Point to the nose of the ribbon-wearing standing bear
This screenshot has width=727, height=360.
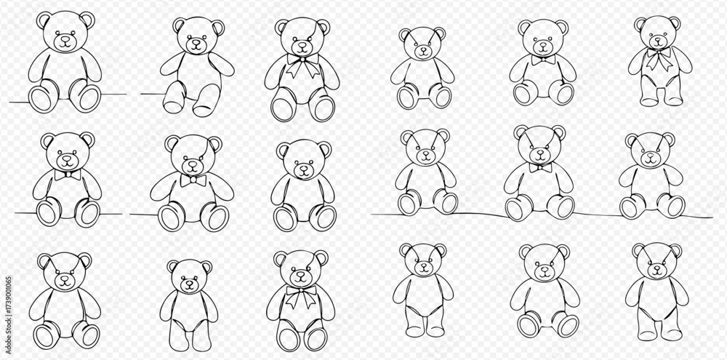point(659,40)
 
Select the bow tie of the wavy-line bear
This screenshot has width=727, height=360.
point(541,167)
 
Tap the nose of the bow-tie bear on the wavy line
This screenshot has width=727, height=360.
point(540,152)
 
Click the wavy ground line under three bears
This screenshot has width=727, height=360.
point(542,215)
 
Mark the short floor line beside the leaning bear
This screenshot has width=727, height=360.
point(153,94)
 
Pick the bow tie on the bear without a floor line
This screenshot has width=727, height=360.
point(543,60)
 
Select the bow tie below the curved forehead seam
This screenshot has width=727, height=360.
point(193,180)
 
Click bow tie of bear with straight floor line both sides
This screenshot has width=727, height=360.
point(68,175)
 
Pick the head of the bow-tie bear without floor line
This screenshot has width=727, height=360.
point(543,37)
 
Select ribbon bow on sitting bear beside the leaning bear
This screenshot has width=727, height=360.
point(302,65)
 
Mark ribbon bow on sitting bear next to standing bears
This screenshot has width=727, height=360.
point(301,295)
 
